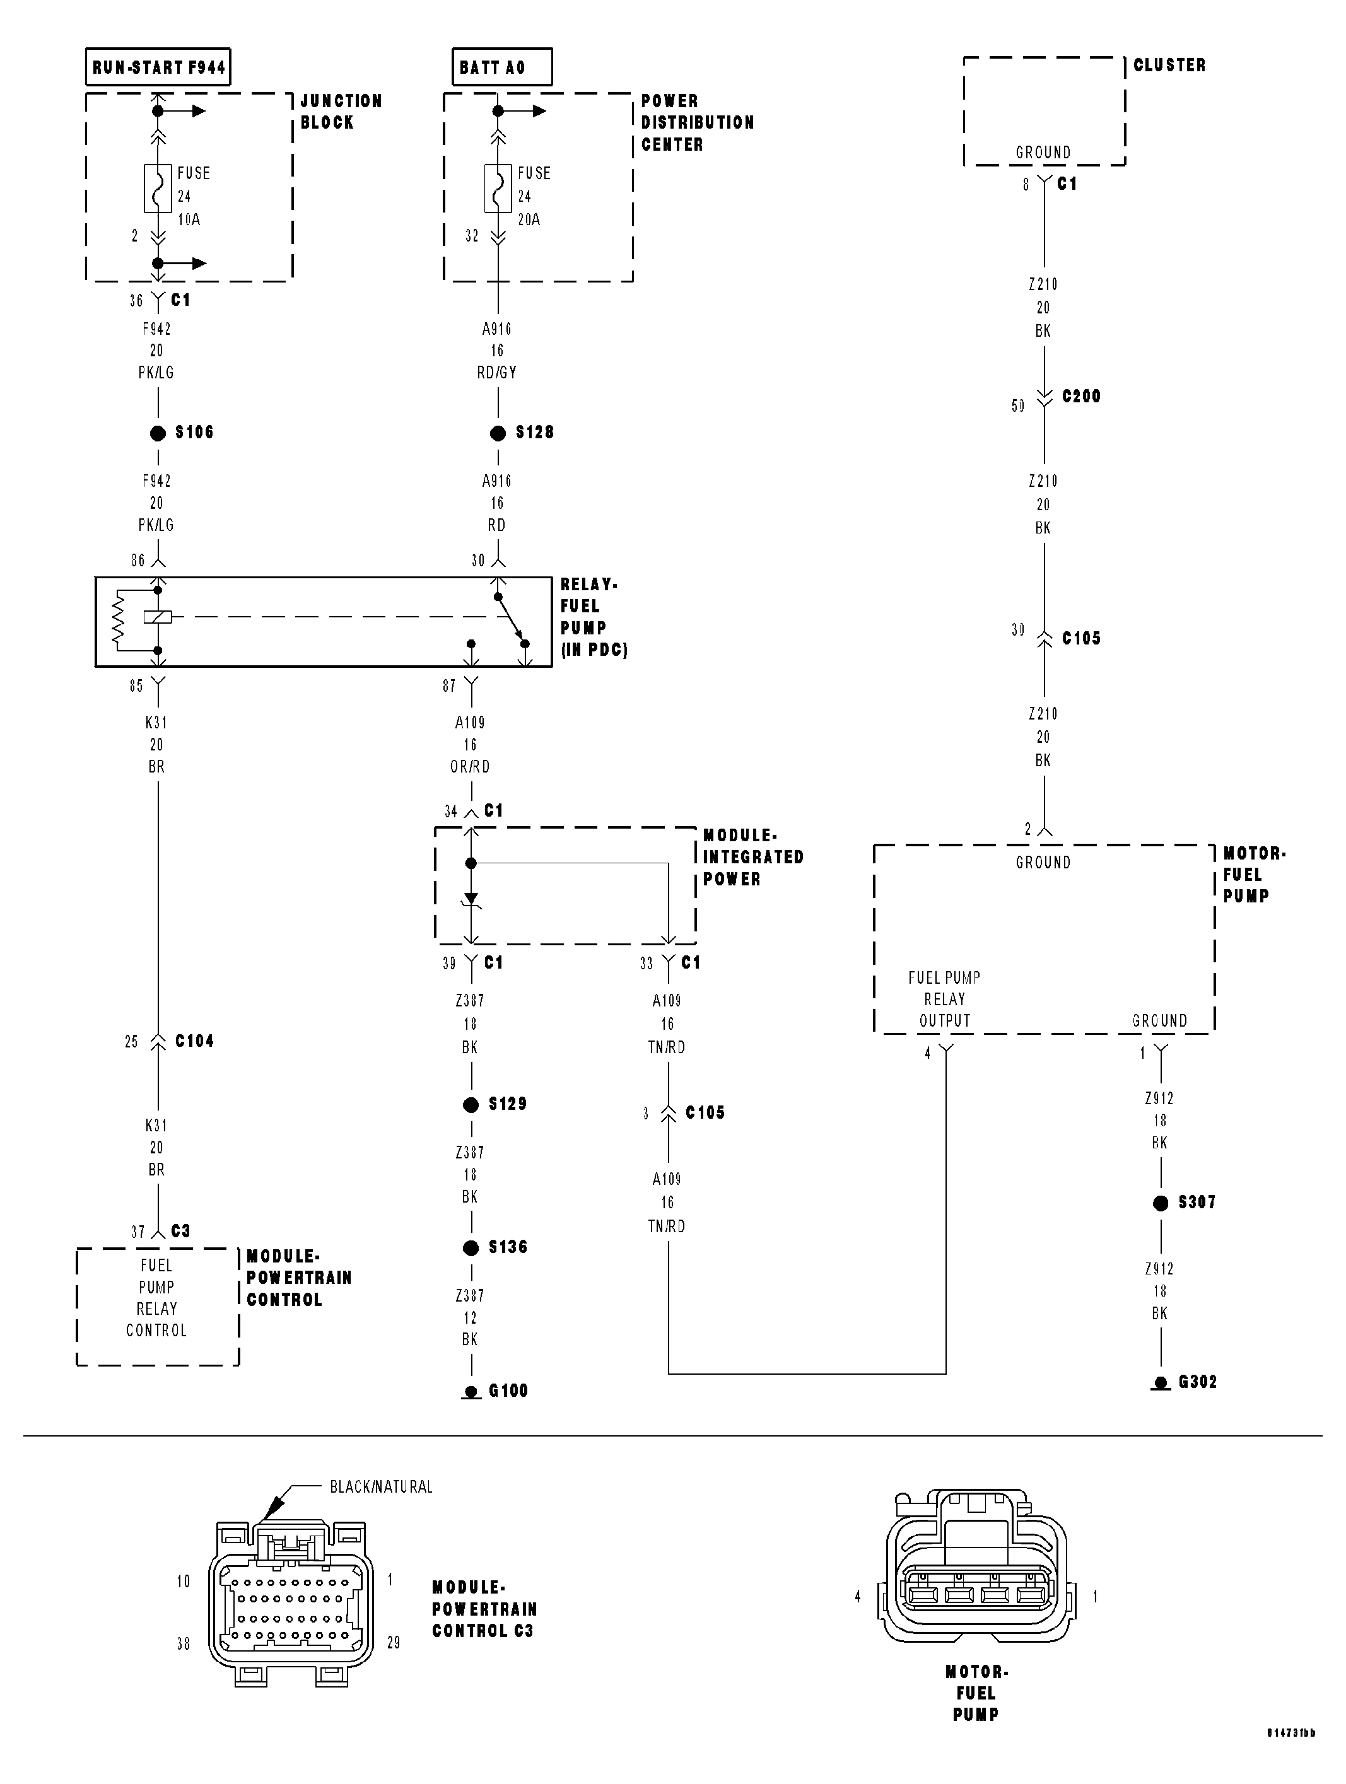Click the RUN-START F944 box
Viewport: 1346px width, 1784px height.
tap(158, 67)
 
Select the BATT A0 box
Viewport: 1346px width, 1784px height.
tap(501, 67)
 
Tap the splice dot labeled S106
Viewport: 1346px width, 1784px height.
tap(158, 433)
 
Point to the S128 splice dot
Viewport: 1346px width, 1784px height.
tap(498, 433)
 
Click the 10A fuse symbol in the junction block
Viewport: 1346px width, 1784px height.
tap(158, 189)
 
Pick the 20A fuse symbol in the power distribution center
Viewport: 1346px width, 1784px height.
tap(498, 189)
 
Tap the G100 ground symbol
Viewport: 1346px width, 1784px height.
tap(471, 1391)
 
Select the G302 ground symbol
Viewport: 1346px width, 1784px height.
tap(1161, 1382)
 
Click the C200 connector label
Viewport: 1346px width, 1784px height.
tap(1080, 396)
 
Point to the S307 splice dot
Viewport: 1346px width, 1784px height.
tap(1161, 1203)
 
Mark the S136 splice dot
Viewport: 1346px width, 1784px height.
tap(471, 1248)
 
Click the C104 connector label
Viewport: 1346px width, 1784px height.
tap(194, 1041)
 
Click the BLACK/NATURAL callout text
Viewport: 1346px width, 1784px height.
tap(381, 1486)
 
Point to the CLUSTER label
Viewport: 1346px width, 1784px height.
tap(1169, 66)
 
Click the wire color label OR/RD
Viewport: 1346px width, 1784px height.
tap(470, 766)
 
